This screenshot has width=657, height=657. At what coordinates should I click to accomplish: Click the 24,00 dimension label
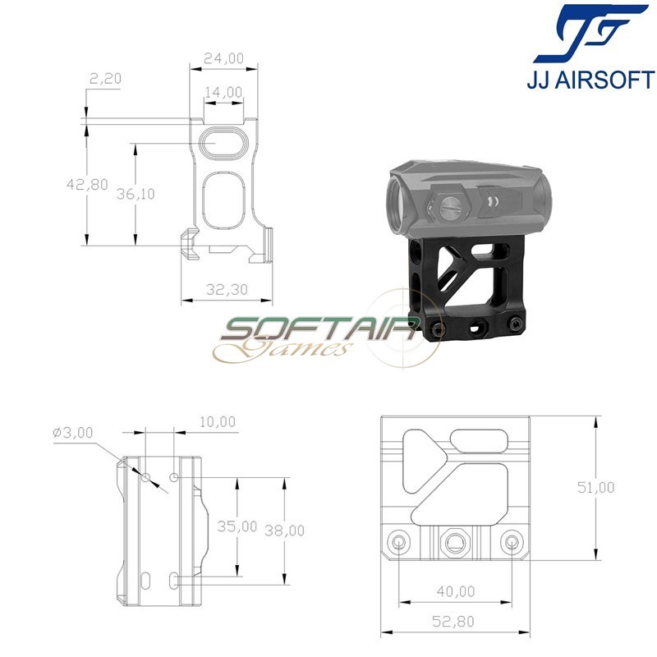click(224, 58)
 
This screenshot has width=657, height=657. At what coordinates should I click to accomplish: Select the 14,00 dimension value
click(224, 93)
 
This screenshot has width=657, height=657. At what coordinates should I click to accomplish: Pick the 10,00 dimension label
click(216, 422)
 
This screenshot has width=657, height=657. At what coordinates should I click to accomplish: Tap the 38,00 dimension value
click(284, 531)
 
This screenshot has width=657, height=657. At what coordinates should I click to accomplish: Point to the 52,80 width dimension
click(456, 621)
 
